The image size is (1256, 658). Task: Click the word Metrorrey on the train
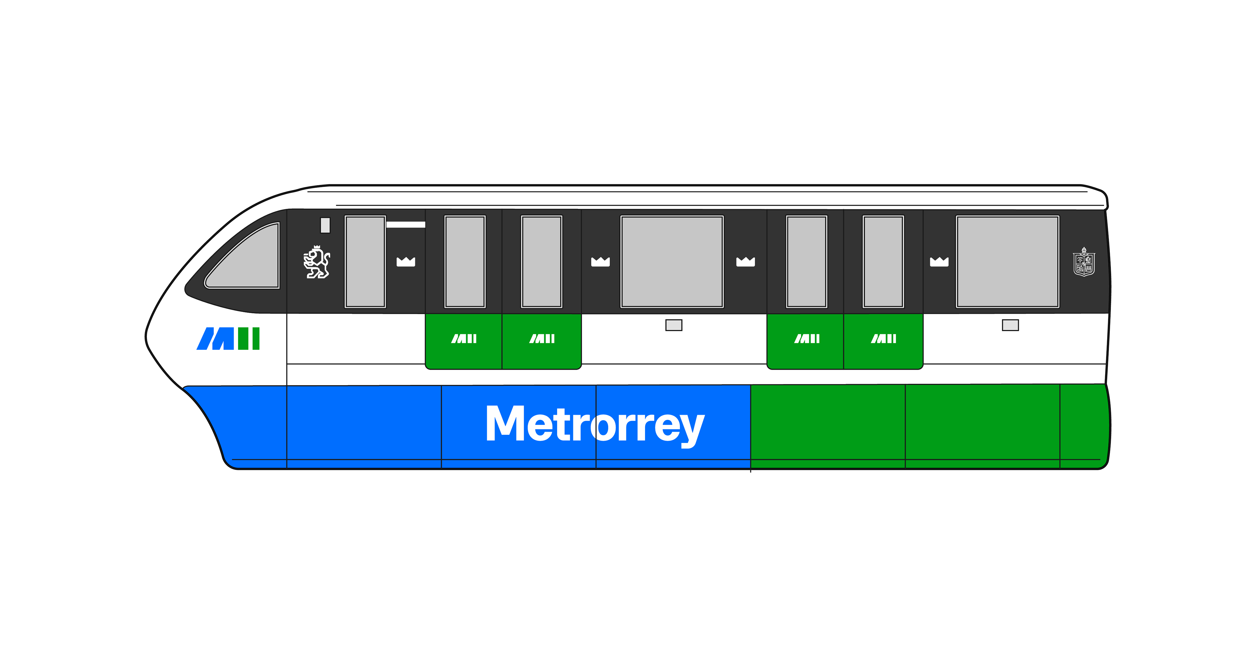pos(595,424)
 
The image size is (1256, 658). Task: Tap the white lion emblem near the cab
pos(317,262)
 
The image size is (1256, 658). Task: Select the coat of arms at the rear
pos(1084,262)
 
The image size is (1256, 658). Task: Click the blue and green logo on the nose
pos(228,338)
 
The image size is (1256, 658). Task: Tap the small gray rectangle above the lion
pos(325,225)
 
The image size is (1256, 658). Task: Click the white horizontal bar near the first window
pos(406,225)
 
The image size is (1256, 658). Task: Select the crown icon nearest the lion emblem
pos(406,262)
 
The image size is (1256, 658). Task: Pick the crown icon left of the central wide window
pos(600,262)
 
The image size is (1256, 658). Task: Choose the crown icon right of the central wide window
pos(745,262)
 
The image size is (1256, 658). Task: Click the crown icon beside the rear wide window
pos(939,262)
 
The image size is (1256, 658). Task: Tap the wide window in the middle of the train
pos(672,262)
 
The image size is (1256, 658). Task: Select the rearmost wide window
pos(1007,262)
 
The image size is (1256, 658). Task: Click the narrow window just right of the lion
pos(365,262)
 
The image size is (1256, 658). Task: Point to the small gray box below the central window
pos(674,325)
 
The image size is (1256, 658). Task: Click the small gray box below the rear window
pos(1010,325)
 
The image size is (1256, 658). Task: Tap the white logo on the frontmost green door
pos(464,338)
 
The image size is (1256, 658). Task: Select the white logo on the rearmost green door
pos(883,338)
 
